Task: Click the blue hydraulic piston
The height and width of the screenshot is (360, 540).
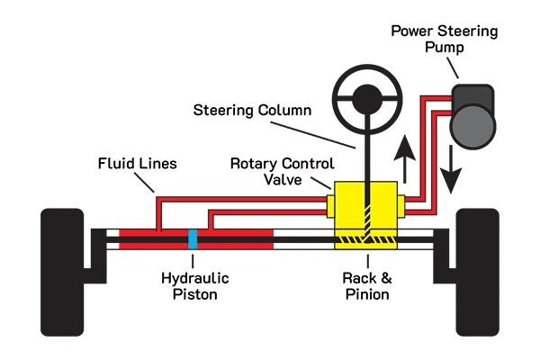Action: point(193,239)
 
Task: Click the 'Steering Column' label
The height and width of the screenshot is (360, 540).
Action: point(252,111)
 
